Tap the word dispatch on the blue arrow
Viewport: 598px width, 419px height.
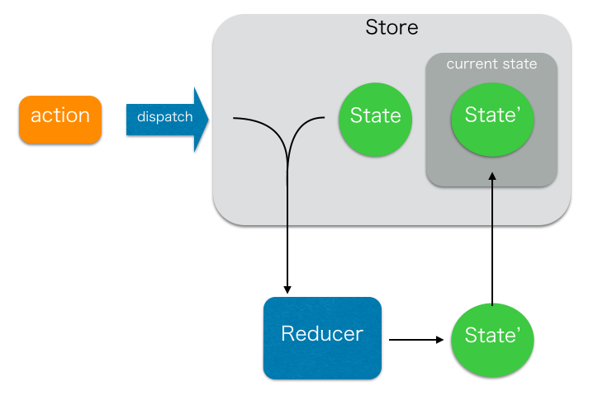164,117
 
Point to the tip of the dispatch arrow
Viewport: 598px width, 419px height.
206,120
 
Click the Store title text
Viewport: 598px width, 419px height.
392,28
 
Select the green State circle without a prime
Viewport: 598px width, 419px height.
375,116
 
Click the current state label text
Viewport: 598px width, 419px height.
491,64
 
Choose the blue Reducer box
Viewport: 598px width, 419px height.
322,337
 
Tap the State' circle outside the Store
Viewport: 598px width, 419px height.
492,337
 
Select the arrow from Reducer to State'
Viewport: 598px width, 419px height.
417,338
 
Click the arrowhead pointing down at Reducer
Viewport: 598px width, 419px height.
287,289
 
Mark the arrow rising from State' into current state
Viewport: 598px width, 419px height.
492,247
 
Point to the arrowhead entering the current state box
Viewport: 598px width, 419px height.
492,177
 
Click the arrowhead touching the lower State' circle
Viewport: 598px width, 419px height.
445,338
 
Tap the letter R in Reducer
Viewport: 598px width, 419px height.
287,334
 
